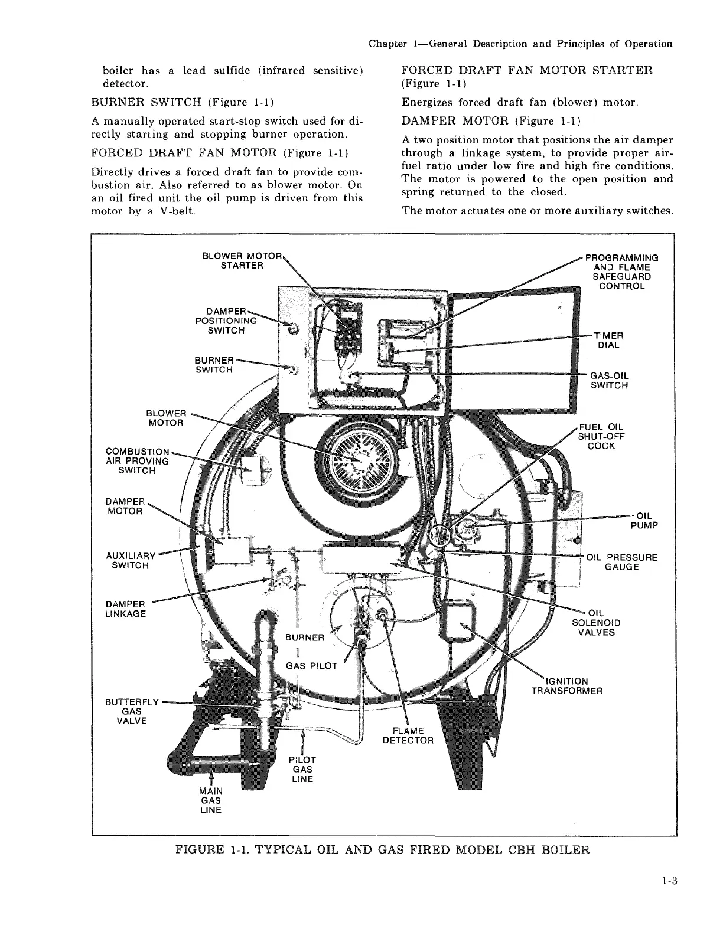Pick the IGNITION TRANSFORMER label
click(566, 686)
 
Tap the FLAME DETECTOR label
click(408, 735)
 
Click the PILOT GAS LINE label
click(302, 769)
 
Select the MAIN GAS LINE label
click(210, 800)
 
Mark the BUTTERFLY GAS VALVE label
click(132, 711)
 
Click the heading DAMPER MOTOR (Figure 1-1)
click(491, 122)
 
